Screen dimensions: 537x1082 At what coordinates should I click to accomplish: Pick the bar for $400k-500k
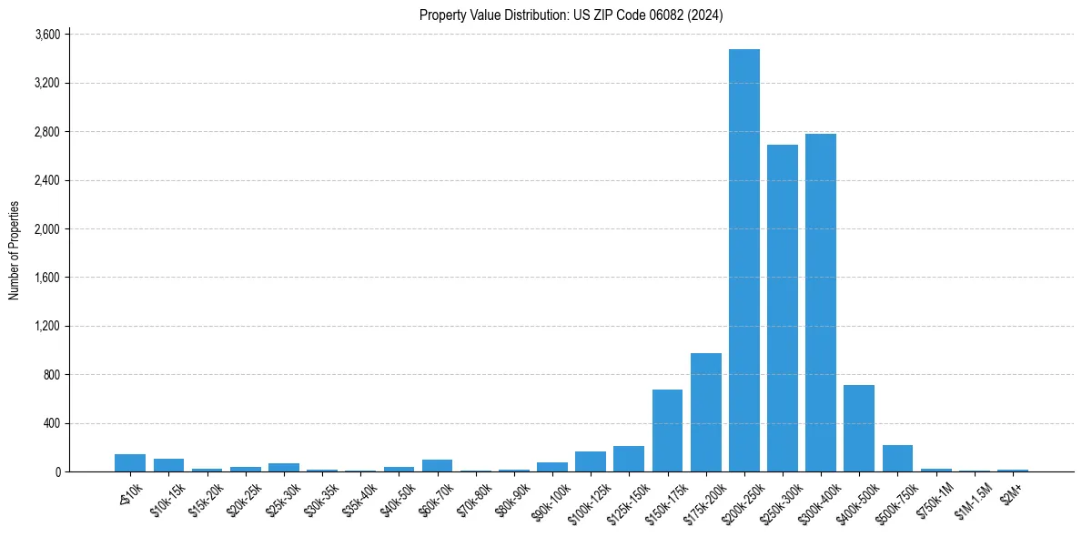pyautogui.click(x=859, y=428)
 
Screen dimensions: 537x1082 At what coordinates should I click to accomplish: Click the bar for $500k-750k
pyautogui.click(x=897, y=459)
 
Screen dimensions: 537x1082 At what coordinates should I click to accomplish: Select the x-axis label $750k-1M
pyautogui.click(x=935, y=497)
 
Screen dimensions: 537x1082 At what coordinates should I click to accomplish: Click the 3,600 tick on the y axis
pyautogui.click(x=47, y=35)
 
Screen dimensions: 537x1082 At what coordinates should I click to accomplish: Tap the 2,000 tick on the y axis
pyautogui.click(x=47, y=229)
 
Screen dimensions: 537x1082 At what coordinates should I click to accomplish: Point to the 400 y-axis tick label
pyautogui.click(x=52, y=423)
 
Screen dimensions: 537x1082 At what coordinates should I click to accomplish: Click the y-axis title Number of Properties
pyautogui.click(x=14, y=250)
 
